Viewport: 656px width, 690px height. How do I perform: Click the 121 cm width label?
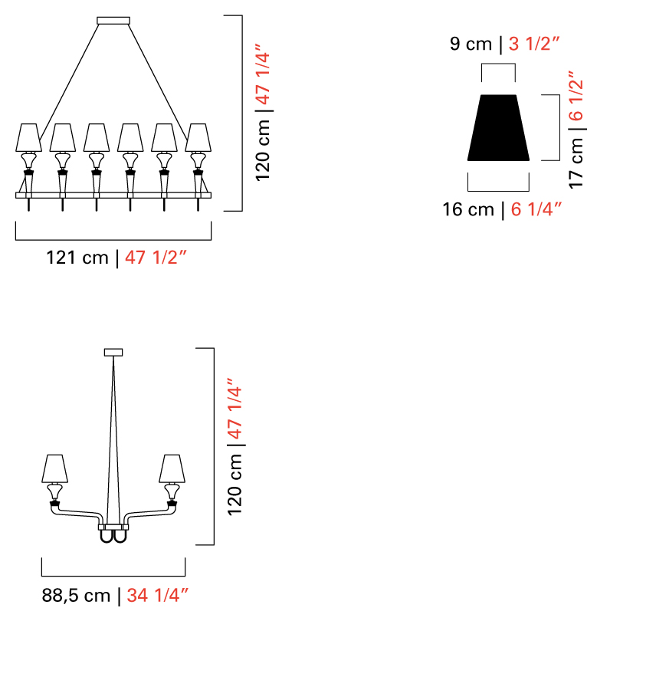(77, 258)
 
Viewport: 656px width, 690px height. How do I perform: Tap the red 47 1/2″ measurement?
(156, 258)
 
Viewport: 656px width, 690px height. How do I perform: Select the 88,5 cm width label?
(76, 596)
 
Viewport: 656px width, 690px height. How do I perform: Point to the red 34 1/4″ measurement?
(158, 596)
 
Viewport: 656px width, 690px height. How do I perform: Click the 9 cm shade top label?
(471, 44)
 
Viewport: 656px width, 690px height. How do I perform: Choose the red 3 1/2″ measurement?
(533, 44)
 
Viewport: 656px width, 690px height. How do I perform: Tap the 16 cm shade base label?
(468, 209)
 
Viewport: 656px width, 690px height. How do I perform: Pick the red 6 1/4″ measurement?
(536, 209)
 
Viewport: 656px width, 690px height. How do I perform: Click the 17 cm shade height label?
(576, 163)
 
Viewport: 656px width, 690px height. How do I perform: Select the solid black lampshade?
(498, 127)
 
